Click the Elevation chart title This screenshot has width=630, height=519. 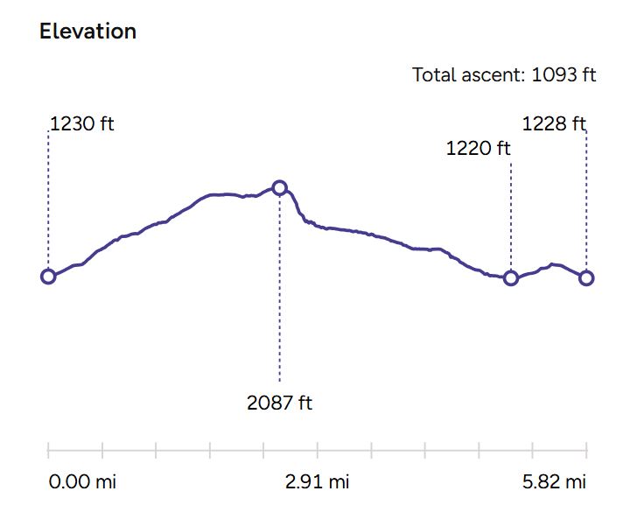(87, 32)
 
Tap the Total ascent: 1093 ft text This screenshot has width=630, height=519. (504, 74)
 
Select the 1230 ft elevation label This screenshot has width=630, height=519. (82, 123)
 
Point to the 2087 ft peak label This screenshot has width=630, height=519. (280, 403)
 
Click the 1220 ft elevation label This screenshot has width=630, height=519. (478, 148)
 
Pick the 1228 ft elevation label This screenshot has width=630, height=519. (553, 123)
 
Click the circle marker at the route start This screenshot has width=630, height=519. (48, 277)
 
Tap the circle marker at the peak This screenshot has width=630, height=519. (279, 187)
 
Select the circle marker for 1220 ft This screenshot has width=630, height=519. (511, 278)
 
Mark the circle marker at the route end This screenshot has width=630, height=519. (586, 278)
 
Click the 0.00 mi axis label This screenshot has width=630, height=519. (82, 482)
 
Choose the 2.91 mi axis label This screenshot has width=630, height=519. (317, 482)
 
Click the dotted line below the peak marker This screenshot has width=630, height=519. (279, 289)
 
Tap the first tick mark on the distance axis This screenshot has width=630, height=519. (48, 451)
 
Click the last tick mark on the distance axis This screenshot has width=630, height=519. (586, 451)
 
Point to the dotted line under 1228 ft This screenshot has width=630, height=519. (586, 201)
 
